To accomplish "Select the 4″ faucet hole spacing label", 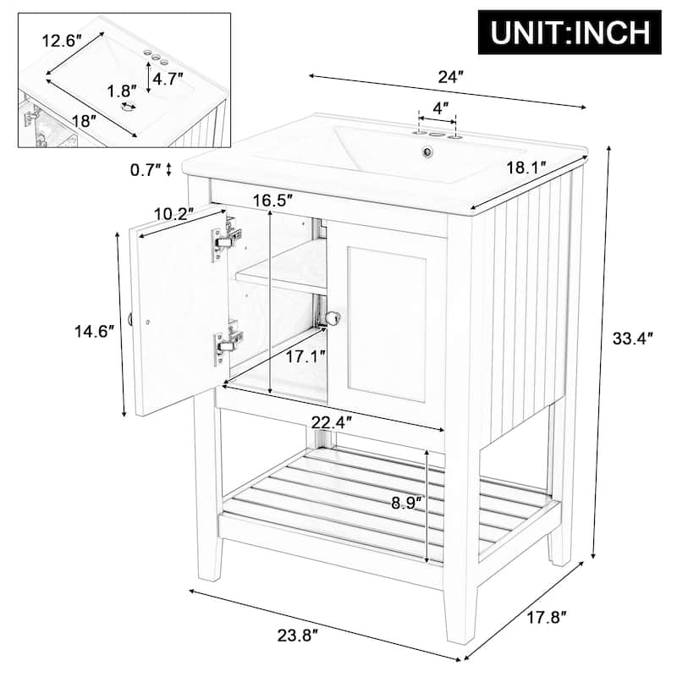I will (x=439, y=108).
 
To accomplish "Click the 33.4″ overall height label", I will (x=634, y=339).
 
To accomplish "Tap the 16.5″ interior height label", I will (x=273, y=200).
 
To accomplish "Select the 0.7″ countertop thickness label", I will (x=146, y=169).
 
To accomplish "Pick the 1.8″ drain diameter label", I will (x=121, y=91).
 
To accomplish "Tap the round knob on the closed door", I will (x=334, y=318).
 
